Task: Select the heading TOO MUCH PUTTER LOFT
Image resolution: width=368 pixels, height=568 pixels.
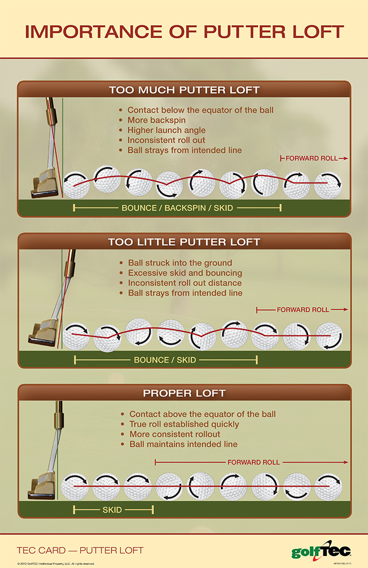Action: [184, 90]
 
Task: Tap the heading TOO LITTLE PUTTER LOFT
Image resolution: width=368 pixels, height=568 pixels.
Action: [184, 242]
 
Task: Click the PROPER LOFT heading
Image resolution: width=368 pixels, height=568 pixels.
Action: [184, 393]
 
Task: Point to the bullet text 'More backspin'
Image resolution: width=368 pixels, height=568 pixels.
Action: [156, 120]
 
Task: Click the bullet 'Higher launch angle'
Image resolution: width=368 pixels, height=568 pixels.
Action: [166, 130]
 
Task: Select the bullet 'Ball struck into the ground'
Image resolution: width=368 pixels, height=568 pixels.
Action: [180, 263]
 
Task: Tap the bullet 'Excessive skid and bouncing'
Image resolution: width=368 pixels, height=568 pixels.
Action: [185, 273]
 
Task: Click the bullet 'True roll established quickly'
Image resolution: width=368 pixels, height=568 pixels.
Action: [184, 424]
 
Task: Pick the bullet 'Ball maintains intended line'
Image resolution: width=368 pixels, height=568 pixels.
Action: [183, 444]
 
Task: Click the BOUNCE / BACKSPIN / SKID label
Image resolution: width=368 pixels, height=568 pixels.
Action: [177, 208]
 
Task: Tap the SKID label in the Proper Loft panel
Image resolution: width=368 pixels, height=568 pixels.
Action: [112, 510]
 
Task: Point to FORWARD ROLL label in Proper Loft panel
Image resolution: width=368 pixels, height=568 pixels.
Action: [253, 462]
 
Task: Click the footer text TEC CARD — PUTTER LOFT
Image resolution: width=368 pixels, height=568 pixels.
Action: [80, 550]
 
